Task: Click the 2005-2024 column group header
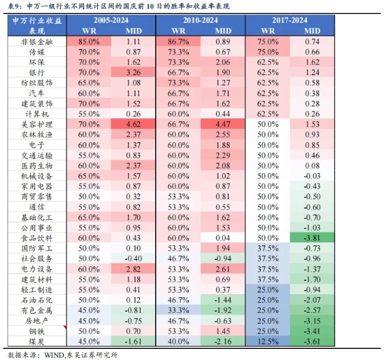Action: click(x=111, y=20)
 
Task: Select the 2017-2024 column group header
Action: click(x=290, y=20)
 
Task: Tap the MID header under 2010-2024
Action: click(x=223, y=31)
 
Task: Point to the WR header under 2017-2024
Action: click(x=268, y=31)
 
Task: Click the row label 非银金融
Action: click(x=37, y=41)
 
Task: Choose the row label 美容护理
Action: click(x=37, y=125)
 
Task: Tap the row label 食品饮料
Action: click(x=37, y=238)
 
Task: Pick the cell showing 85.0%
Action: click(x=89, y=41)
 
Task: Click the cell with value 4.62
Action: click(x=134, y=125)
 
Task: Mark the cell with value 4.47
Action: click(x=223, y=125)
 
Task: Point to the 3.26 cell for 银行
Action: click(x=134, y=73)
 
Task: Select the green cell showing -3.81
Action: click(x=313, y=238)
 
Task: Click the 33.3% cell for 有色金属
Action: click(x=178, y=310)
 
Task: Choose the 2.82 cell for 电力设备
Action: click(x=134, y=269)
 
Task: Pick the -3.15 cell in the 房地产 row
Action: click(x=313, y=321)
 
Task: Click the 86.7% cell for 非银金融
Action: click(x=178, y=41)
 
